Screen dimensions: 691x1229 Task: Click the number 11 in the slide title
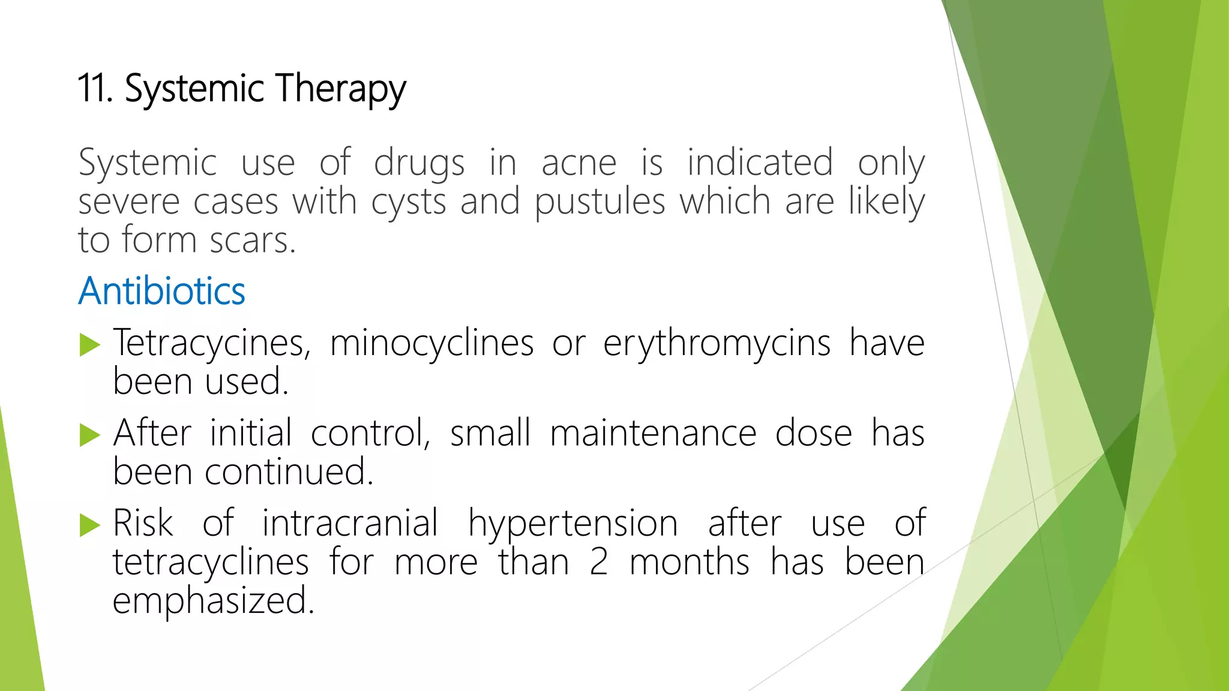[95, 88]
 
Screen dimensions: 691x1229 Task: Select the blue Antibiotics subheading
[161, 291]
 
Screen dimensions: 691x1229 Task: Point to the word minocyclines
[431, 344]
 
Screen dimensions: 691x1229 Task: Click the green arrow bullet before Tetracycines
[89, 345]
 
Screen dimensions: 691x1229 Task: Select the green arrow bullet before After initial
[89, 435]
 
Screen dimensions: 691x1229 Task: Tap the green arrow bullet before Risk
[89, 525]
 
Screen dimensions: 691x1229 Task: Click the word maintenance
[653, 434]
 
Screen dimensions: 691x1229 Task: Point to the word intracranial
[350, 523]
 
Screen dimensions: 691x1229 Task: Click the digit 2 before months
[598, 563]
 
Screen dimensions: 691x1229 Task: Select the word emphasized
[213, 602]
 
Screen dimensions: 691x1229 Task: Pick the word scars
[253, 241]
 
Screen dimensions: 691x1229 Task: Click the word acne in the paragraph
[578, 163]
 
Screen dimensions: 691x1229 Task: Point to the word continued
[289, 472]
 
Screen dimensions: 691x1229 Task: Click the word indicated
[760, 162]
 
